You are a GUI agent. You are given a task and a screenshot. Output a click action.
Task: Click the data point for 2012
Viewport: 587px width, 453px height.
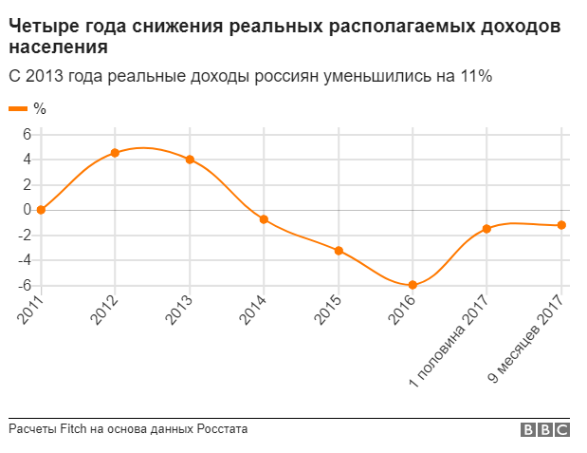115,153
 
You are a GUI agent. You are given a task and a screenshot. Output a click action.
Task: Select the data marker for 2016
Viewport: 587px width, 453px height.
413,285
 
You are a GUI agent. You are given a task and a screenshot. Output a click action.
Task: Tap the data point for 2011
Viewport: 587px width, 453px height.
41,210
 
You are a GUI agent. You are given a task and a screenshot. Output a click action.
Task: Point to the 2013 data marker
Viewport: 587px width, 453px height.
190,160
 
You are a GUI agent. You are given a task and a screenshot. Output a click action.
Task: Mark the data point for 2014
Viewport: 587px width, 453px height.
264,219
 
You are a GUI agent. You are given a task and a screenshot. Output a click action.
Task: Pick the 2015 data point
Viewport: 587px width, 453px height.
339,251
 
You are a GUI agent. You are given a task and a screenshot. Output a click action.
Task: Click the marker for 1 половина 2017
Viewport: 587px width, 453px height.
486,229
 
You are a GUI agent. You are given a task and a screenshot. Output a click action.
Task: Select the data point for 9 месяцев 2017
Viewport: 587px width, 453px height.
561,225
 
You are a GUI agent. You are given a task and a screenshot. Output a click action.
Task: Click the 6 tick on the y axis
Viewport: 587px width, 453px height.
28,134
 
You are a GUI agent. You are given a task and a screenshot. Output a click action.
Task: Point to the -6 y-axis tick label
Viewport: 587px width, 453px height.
25,285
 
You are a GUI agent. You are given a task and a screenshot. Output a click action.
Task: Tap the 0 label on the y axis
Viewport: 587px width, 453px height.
28,210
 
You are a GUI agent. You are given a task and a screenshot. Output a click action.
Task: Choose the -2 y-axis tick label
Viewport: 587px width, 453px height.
25,235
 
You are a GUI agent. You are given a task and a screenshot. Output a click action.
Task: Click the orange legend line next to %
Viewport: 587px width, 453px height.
18,109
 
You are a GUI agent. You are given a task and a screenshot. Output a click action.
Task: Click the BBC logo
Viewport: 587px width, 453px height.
545,430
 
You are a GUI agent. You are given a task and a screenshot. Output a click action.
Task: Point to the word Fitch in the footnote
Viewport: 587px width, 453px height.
74,429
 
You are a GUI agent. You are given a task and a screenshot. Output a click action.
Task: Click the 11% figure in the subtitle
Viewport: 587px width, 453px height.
475,76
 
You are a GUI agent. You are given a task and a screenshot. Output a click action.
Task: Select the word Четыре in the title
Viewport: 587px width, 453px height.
40,26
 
